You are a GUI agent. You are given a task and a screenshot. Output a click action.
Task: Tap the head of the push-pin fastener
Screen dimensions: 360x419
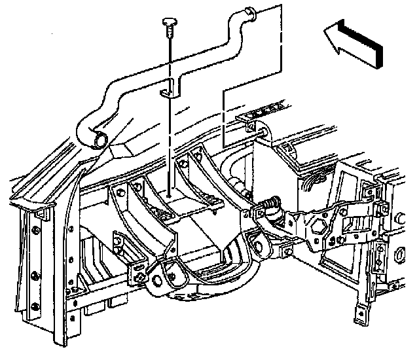coord(169,24)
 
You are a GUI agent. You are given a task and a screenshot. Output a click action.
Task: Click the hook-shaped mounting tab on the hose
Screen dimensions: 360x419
coord(170,88)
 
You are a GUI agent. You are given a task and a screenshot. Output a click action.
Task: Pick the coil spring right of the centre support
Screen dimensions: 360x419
coord(269,208)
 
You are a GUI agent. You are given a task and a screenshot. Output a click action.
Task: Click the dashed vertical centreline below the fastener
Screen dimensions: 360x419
coord(169,131)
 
